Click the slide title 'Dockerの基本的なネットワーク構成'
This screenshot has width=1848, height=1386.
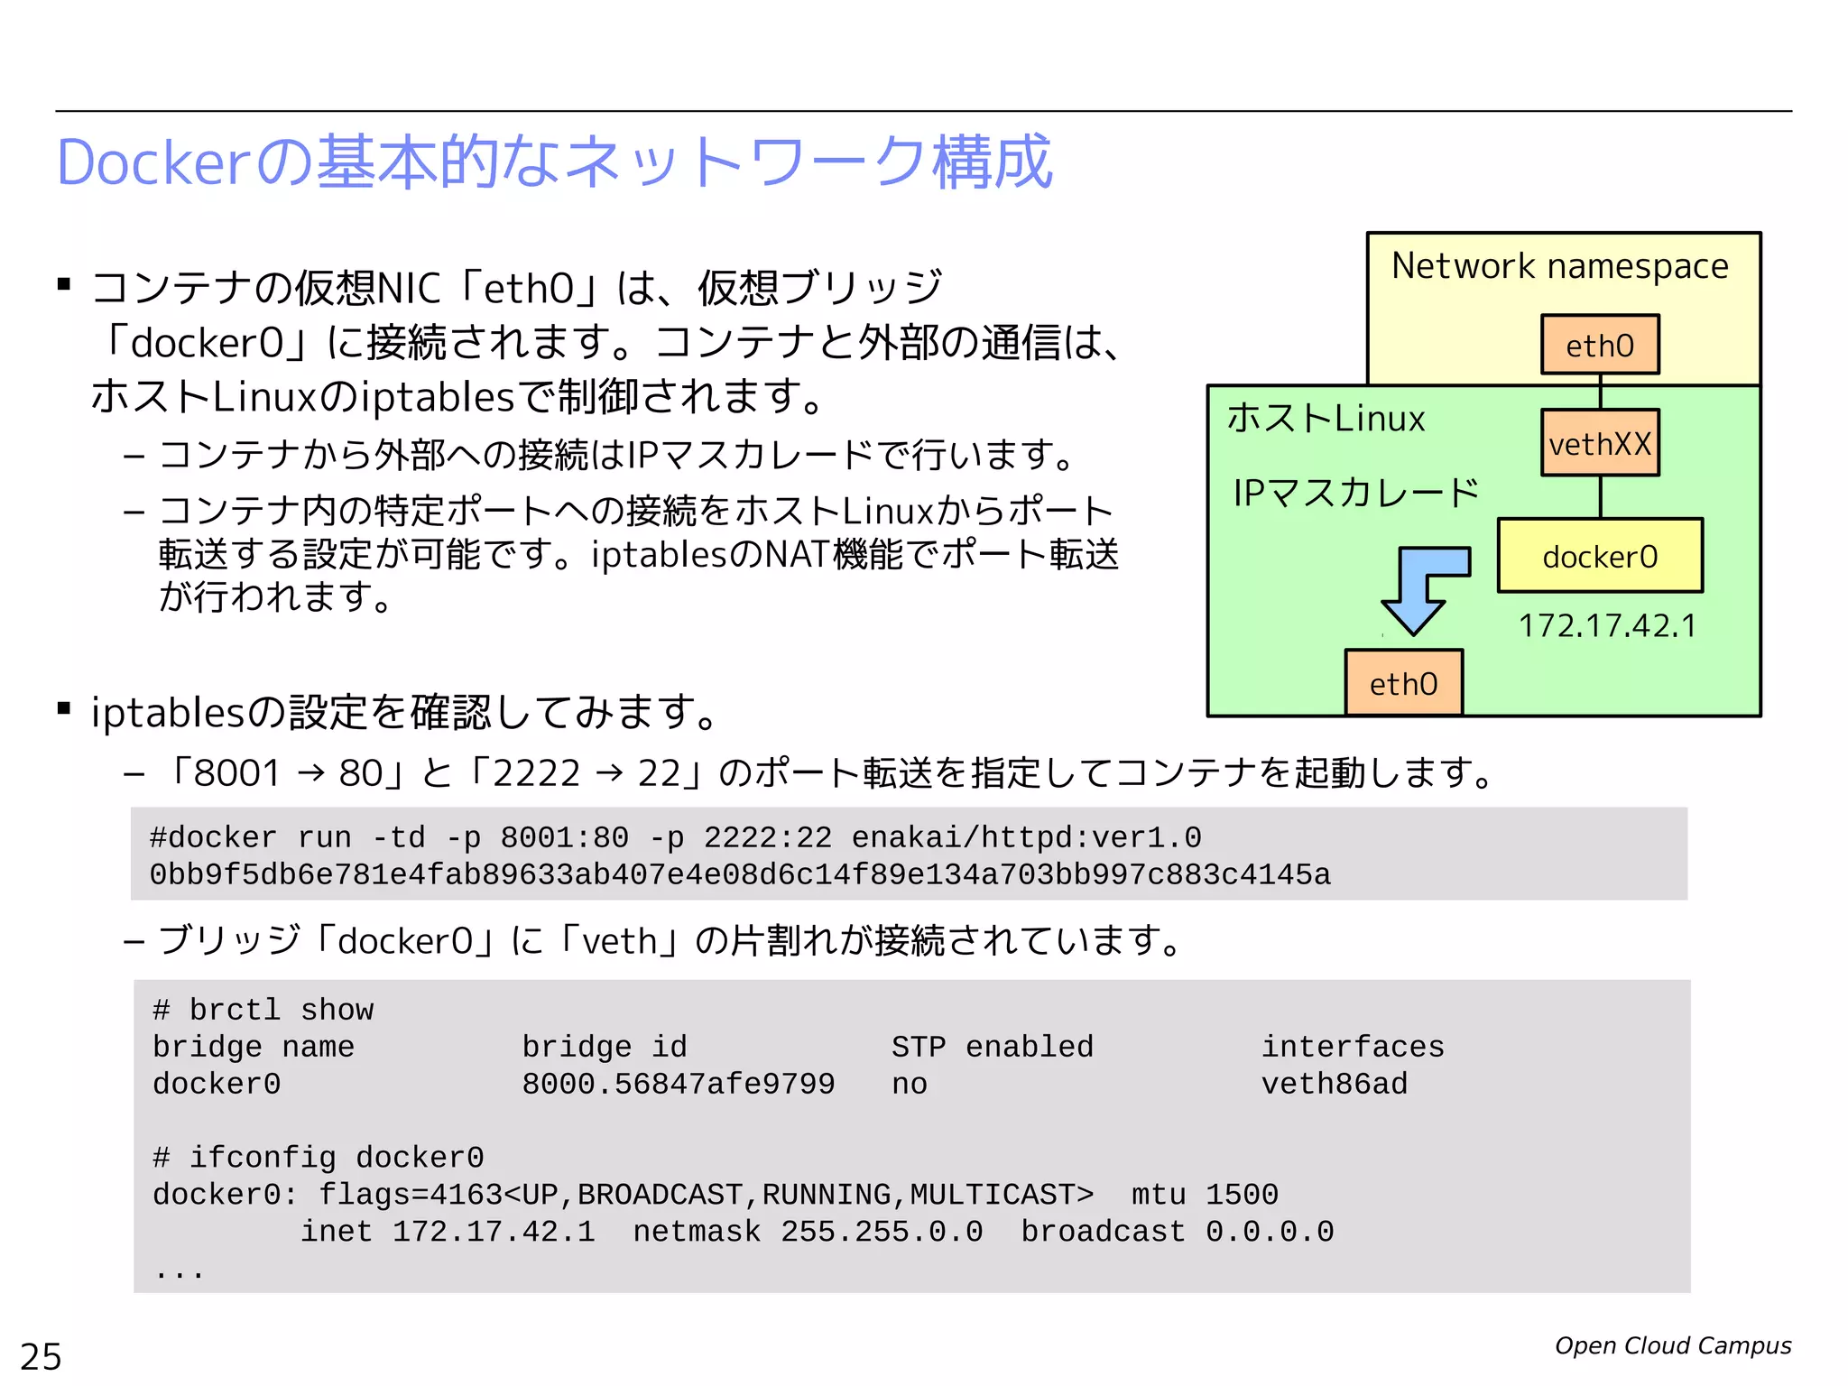554,162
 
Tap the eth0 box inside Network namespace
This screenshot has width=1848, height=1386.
1599,345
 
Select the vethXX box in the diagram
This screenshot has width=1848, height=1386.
1599,443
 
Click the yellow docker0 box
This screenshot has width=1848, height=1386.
1599,556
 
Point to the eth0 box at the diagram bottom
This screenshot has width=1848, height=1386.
1403,683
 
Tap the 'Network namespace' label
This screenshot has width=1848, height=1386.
1559,266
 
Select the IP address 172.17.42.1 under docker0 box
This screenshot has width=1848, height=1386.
1607,625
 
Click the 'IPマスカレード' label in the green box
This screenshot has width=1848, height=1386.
1355,493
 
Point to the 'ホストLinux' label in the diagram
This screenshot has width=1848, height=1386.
1326,419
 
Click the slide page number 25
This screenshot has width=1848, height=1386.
41,1356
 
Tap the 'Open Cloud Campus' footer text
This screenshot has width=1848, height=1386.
1672,1345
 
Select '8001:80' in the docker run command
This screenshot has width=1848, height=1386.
564,837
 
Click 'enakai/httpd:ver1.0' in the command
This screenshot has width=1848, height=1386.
1026,837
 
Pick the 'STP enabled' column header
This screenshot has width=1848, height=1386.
992,1047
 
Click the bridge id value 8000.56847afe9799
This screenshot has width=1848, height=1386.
678,1084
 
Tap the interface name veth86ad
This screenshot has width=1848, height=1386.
1334,1084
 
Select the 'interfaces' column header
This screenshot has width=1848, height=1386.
1352,1047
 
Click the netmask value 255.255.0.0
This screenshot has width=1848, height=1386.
882,1232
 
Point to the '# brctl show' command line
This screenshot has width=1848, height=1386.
263,1010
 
